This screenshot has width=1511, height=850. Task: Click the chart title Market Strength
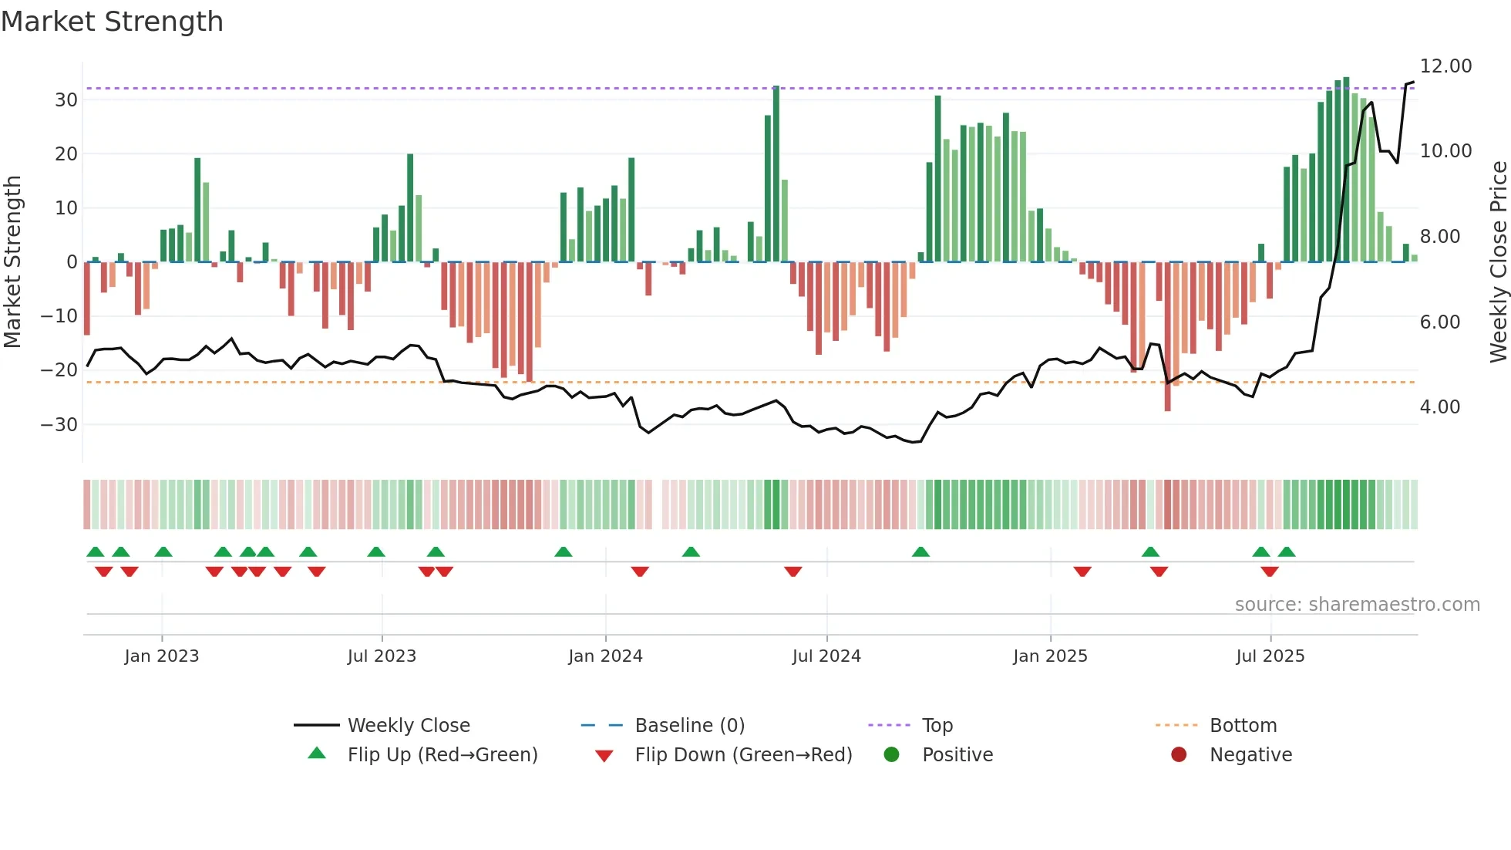tap(112, 22)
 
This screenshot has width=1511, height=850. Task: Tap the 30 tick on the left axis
tap(66, 100)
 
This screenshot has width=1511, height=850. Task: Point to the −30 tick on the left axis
tap(59, 424)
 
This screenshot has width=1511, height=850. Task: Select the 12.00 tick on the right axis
tap(1445, 66)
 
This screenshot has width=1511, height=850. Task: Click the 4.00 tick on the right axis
tap(1440, 406)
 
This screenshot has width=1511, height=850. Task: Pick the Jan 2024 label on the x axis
tap(605, 656)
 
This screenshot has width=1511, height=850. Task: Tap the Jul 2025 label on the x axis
tap(1270, 656)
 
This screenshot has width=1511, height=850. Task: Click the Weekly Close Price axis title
tap(1498, 262)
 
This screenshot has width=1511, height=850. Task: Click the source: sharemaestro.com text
tap(1357, 605)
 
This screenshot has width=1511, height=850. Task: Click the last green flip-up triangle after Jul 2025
tap(1287, 552)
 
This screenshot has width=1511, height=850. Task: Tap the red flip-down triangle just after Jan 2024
tap(640, 572)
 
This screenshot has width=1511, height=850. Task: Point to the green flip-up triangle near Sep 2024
tap(920, 552)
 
